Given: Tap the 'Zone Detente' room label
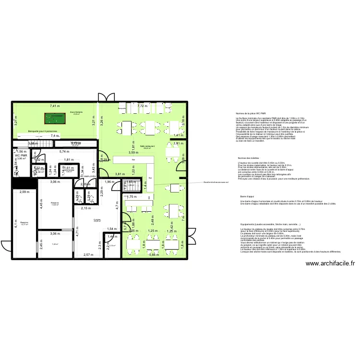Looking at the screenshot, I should [76, 112].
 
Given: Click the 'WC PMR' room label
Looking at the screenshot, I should [20, 156].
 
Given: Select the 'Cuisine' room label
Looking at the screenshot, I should [97, 219].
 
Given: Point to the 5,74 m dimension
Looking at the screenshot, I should [65, 152].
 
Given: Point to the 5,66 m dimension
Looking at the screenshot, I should [153, 255].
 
